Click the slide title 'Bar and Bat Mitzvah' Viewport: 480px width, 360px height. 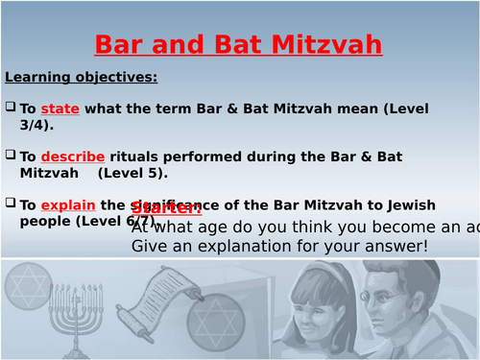click(x=239, y=44)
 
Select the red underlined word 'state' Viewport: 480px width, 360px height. click(x=60, y=109)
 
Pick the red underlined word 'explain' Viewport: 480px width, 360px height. click(x=69, y=204)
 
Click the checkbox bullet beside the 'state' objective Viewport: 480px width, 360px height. click(x=11, y=109)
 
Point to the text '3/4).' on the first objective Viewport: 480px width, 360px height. click(x=36, y=125)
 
